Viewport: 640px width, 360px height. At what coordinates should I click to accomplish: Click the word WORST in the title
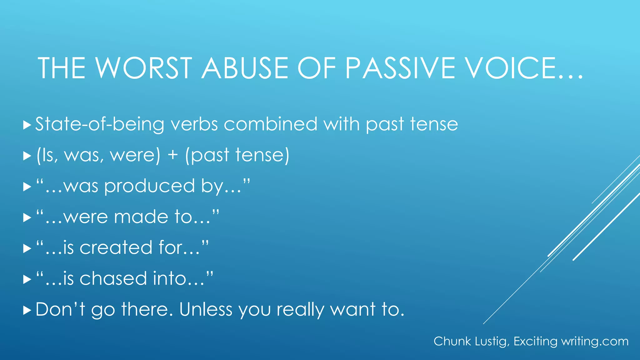point(143,68)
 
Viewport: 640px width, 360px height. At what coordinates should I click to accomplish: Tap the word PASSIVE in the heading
point(400,68)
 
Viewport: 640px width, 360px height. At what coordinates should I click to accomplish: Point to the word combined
point(271,124)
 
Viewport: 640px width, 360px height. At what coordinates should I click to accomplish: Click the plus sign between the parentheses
point(172,155)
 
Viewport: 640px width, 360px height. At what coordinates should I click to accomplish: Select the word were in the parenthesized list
point(135,155)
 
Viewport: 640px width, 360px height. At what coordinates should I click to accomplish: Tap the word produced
point(150,187)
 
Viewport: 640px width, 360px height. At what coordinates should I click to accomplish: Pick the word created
point(116,247)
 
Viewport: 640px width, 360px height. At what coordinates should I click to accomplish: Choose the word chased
point(113,278)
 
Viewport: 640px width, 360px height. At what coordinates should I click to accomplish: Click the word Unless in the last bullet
point(206,309)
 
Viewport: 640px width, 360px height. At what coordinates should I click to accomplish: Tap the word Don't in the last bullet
point(60,309)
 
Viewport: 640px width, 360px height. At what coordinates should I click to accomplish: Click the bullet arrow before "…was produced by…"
point(27,187)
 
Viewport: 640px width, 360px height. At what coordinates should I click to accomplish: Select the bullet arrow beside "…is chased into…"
point(27,279)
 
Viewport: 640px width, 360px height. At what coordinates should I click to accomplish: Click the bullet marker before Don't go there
point(27,310)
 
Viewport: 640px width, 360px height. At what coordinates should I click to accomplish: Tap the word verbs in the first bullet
point(194,124)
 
